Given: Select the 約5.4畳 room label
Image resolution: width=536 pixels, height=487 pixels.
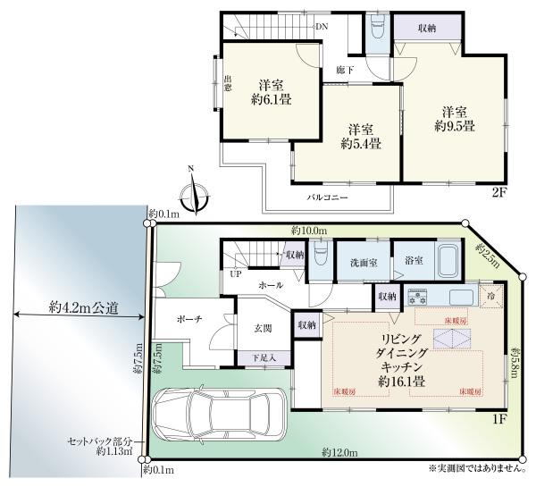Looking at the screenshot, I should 362,136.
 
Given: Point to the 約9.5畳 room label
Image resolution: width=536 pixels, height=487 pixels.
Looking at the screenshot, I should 454,119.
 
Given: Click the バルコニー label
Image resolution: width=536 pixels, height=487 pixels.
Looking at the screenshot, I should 328,195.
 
